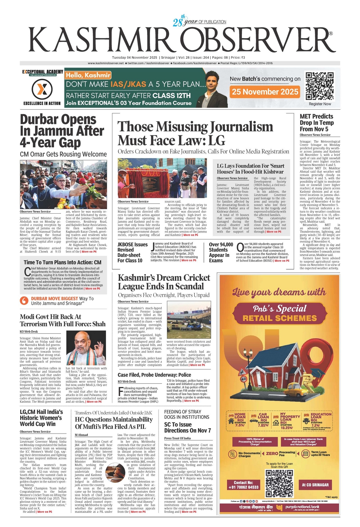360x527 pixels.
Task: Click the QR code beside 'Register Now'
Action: click(x=320, y=86)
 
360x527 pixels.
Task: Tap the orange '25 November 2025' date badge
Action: click(x=265, y=92)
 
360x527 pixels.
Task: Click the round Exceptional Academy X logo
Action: click(x=42, y=89)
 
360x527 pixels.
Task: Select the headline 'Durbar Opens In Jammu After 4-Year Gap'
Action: click(x=62, y=131)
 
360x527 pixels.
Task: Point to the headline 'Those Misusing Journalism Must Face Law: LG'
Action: click(x=195, y=133)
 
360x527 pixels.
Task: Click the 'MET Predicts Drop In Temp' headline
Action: click(x=316, y=122)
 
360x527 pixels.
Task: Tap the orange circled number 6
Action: click(x=24, y=300)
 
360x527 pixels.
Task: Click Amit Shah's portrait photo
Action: click(x=86, y=348)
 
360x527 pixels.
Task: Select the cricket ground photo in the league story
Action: click(x=189, y=320)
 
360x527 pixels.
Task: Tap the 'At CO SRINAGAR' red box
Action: click(x=315, y=485)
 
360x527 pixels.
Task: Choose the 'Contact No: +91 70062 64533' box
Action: click(x=243, y=485)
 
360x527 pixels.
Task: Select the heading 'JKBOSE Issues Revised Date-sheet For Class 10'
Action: click(x=132, y=252)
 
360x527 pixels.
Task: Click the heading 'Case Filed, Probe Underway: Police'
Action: click(x=154, y=375)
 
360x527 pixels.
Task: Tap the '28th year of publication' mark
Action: click(x=199, y=21)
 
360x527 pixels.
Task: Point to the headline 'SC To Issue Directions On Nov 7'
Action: click(x=187, y=427)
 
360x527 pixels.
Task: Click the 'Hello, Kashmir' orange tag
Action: click(x=88, y=75)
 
